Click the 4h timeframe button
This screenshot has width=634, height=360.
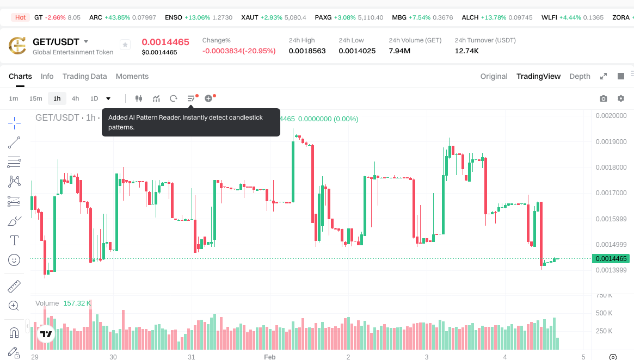point(75,98)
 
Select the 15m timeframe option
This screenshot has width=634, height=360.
point(35,98)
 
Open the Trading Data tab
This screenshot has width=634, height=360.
point(84,76)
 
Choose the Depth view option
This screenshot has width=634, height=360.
point(580,76)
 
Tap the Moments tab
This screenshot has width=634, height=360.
point(132,76)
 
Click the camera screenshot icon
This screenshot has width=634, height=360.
point(604,98)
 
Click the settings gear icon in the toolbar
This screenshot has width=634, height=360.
point(621,98)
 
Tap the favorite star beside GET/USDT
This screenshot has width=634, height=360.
point(125,45)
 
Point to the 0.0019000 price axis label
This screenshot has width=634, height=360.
point(611,141)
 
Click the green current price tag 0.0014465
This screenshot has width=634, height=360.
point(611,259)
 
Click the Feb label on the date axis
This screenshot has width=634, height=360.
point(270,357)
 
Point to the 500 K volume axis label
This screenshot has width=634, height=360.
point(605,313)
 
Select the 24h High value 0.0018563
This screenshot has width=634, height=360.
point(307,51)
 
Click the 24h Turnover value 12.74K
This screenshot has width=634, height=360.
point(466,51)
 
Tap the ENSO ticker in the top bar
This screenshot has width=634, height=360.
point(174,17)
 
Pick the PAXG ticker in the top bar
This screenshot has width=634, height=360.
point(323,17)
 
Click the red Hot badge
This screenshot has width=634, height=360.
point(20,17)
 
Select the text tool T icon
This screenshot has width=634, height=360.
point(14,240)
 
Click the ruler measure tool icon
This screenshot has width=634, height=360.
point(14,286)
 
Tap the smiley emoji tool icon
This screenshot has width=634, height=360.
point(14,260)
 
